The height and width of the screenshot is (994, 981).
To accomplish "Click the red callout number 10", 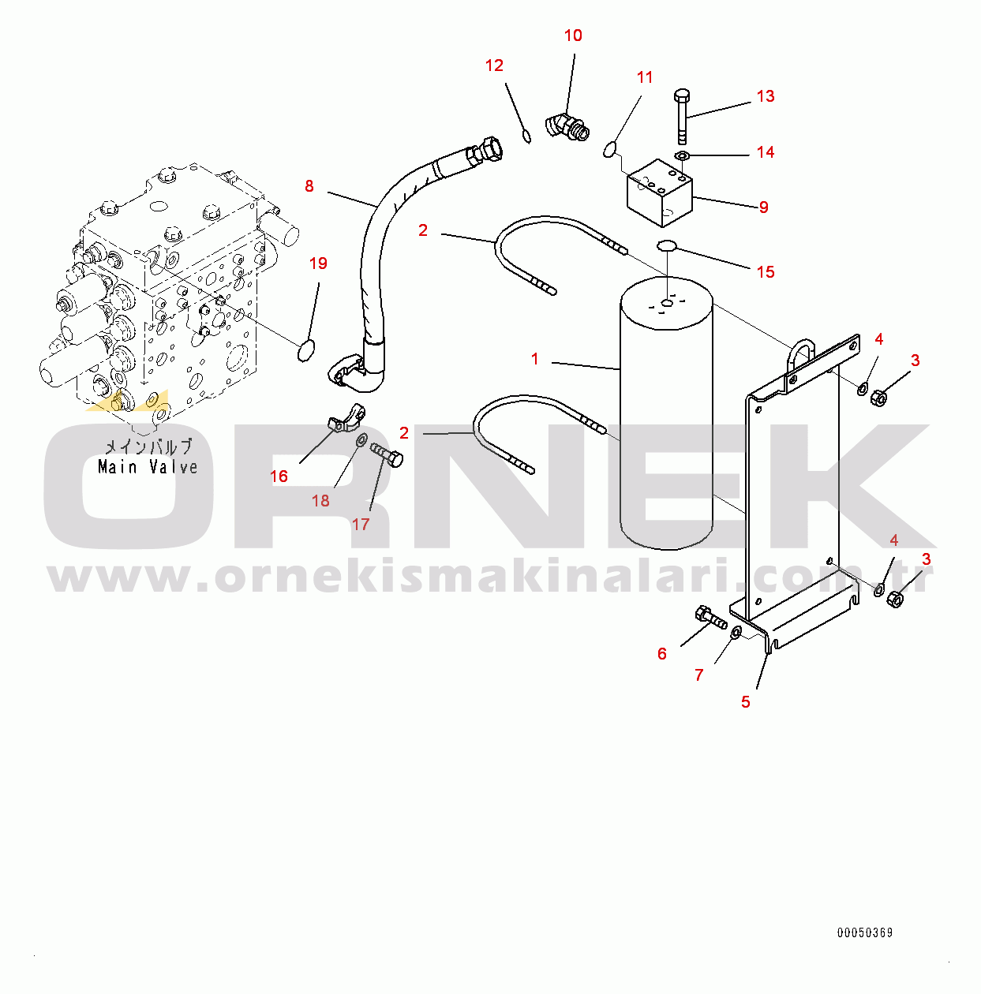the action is (573, 35).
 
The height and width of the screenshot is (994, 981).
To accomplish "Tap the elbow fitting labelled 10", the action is (567, 127).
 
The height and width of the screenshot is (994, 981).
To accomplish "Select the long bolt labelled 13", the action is (682, 116).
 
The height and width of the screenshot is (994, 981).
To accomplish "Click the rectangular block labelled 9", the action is (660, 192).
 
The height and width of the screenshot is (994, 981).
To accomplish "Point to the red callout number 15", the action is (766, 272).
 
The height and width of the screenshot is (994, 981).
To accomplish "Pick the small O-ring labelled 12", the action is (526, 136).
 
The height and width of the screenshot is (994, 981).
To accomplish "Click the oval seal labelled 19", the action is (306, 350).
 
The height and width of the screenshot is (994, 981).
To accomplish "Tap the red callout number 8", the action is (309, 185).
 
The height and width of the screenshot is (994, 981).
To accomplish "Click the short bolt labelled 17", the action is (387, 454).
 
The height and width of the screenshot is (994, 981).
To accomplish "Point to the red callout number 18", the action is (320, 500).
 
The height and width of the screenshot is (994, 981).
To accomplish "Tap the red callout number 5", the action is (745, 701).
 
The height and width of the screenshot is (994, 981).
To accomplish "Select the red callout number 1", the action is (534, 358).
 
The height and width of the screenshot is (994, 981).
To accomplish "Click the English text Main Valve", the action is (148, 467).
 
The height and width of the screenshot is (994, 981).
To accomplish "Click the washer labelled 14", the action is (682, 155).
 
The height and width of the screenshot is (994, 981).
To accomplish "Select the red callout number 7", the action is (698, 674).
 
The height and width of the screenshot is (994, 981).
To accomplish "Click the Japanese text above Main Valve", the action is (148, 447).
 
